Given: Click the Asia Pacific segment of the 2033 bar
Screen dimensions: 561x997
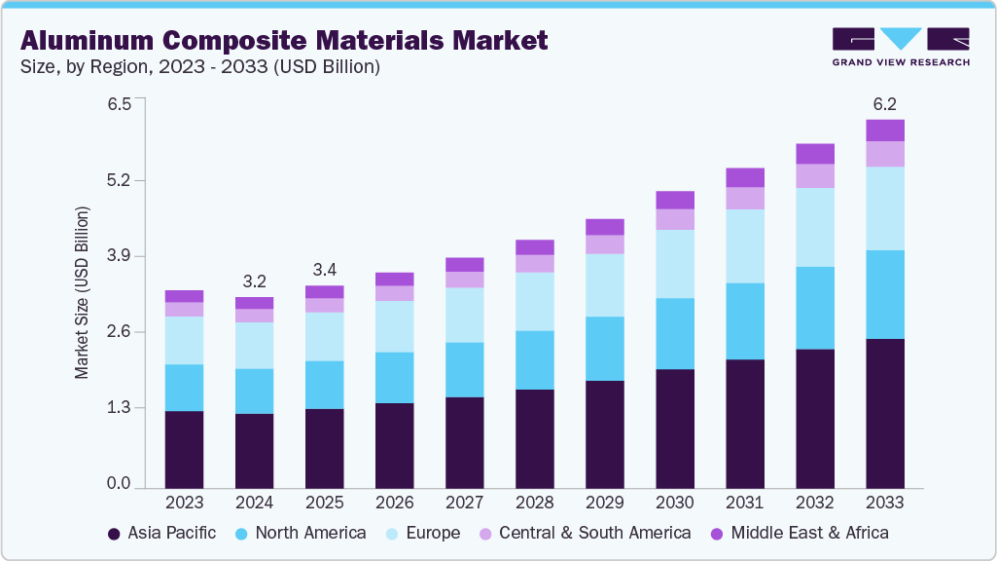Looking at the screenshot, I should click(885, 413).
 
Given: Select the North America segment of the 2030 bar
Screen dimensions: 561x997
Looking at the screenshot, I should click(675, 333).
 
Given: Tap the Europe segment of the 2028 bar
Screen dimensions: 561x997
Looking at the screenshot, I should click(535, 301).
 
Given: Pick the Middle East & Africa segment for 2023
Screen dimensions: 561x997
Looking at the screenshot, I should click(185, 296).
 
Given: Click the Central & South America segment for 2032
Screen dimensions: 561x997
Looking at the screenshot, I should click(815, 175).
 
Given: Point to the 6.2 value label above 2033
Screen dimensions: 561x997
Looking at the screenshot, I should click(885, 103).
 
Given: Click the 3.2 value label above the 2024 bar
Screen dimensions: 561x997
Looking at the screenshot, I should click(255, 281).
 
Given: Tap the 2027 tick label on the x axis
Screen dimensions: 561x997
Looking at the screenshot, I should click(465, 504).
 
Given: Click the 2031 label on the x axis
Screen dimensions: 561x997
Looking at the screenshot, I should click(745, 504).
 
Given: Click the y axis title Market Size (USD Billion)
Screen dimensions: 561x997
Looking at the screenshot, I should click(83, 292).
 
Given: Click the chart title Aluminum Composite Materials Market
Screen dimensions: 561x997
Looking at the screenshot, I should click(284, 41).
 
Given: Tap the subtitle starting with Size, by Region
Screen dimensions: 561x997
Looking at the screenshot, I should click(199, 67).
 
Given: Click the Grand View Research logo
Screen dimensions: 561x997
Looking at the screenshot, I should click(901, 46).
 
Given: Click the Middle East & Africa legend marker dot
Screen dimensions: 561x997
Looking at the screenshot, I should click(718, 534).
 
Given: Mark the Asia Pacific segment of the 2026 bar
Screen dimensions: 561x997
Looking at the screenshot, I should click(395, 445).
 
